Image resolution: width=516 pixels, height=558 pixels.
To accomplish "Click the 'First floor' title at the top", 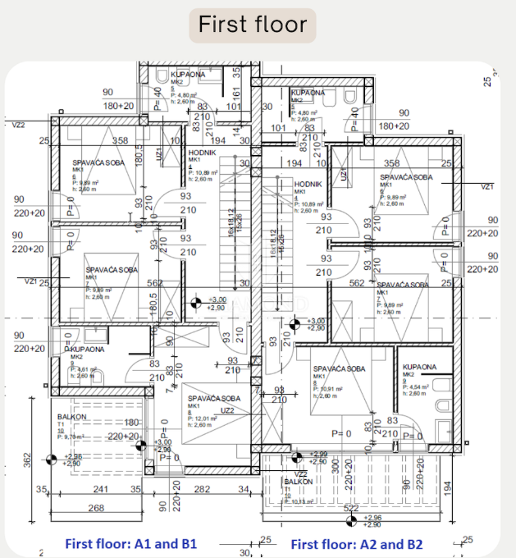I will point(253,24).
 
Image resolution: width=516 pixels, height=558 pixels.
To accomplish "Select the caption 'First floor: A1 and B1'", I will point(130,544).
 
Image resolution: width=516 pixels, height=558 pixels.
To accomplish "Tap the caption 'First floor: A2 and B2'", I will point(358,544).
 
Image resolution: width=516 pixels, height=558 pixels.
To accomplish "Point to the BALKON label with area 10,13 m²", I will point(299,482).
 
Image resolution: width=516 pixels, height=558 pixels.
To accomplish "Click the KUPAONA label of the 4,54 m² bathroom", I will point(419,367).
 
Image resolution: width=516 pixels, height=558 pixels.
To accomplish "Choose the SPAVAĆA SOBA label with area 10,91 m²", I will point(339,368).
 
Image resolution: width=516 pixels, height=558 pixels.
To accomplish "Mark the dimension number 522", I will point(352,510).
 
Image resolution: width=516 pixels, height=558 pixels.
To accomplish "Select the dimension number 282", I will point(202,490).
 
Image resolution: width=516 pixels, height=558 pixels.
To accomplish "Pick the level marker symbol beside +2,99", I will point(297,455).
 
